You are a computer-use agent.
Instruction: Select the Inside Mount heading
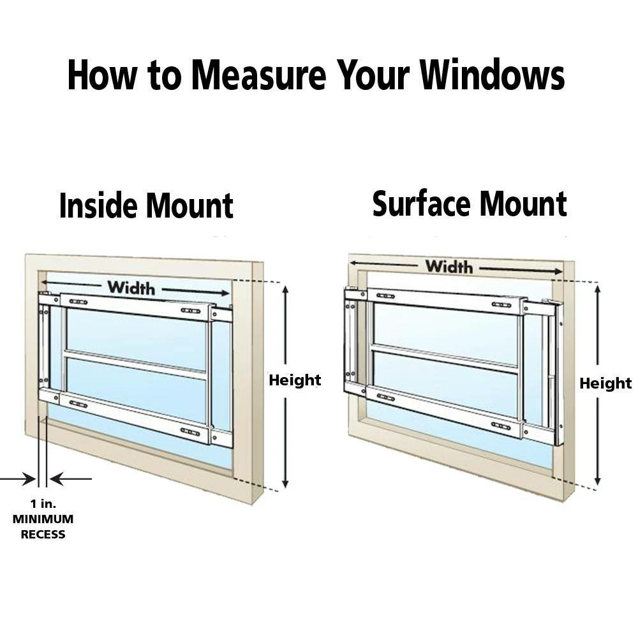[x=146, y=206]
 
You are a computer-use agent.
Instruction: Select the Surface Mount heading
[x=470, y=204]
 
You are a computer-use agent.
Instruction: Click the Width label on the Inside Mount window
[x=131, y=288]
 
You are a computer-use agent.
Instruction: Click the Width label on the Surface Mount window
[x=449, y=266]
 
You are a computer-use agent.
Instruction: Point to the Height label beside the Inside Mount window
[x=294, y=381]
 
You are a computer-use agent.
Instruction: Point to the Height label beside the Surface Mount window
[x=605, y=383]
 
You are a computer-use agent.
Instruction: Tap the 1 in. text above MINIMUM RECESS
[x=43, y=504]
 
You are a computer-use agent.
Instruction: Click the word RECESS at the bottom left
[x=43, y=535]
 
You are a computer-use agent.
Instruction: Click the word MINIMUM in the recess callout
[x=43, y=519]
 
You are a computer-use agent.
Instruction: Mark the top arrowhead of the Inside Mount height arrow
[x=286, y=290]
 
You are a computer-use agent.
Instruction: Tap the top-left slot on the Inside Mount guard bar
[x=78, y=302]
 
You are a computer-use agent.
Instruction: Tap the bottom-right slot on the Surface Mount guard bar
[x=501, y=426]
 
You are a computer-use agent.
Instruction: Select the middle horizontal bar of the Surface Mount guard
[x=445, y=358]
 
